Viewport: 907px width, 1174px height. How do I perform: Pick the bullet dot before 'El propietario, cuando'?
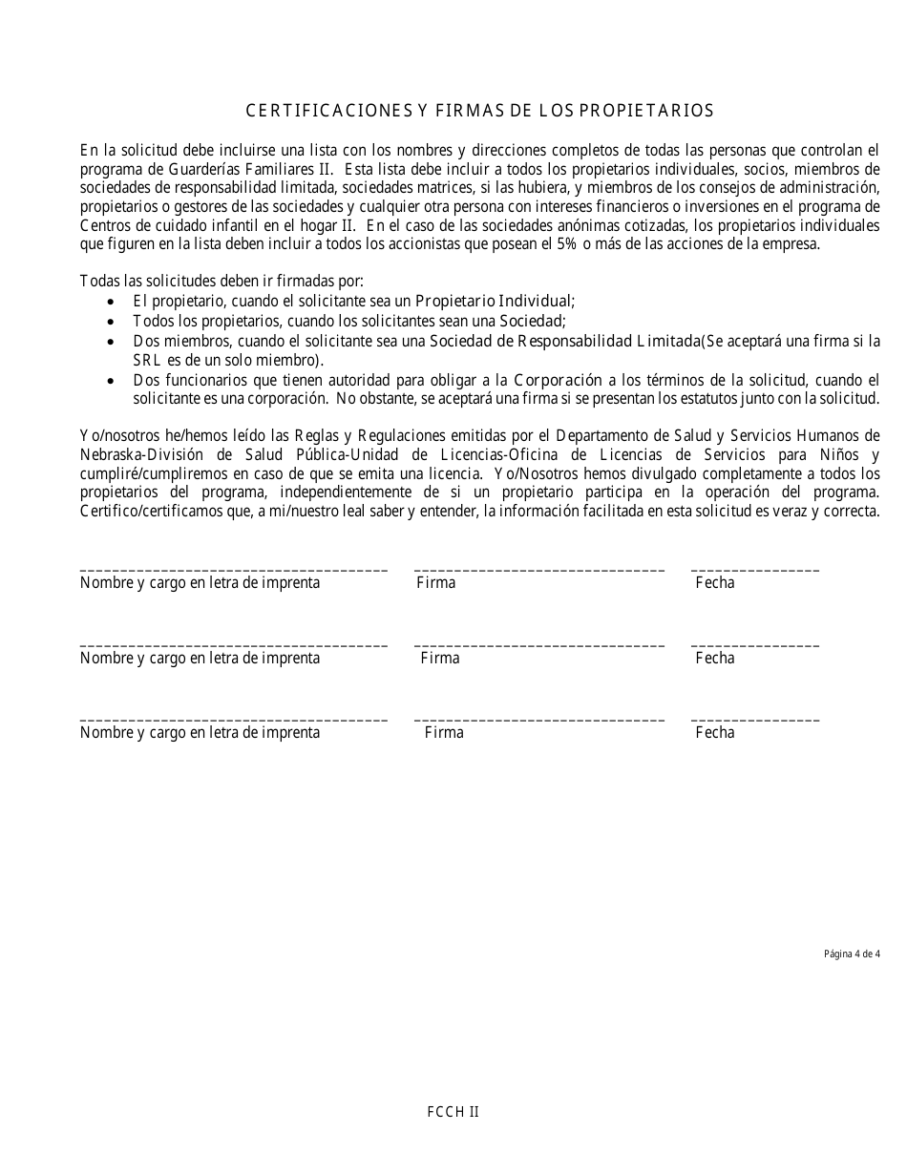pos(114,301)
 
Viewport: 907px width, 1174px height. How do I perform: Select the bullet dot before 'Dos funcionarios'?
pos(114,380)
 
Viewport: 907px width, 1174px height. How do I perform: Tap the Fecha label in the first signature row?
pos(715,582)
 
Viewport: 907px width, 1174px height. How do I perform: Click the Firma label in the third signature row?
pos(444,732)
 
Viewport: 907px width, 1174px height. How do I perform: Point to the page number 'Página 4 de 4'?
pos(852,954)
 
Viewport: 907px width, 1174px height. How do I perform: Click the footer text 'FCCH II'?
pos(453,1112)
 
